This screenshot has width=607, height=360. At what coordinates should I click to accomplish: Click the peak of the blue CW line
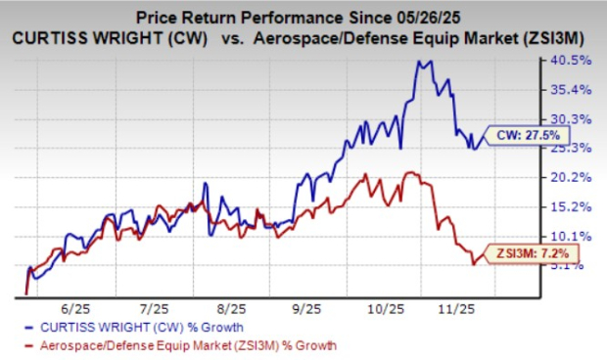422,62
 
